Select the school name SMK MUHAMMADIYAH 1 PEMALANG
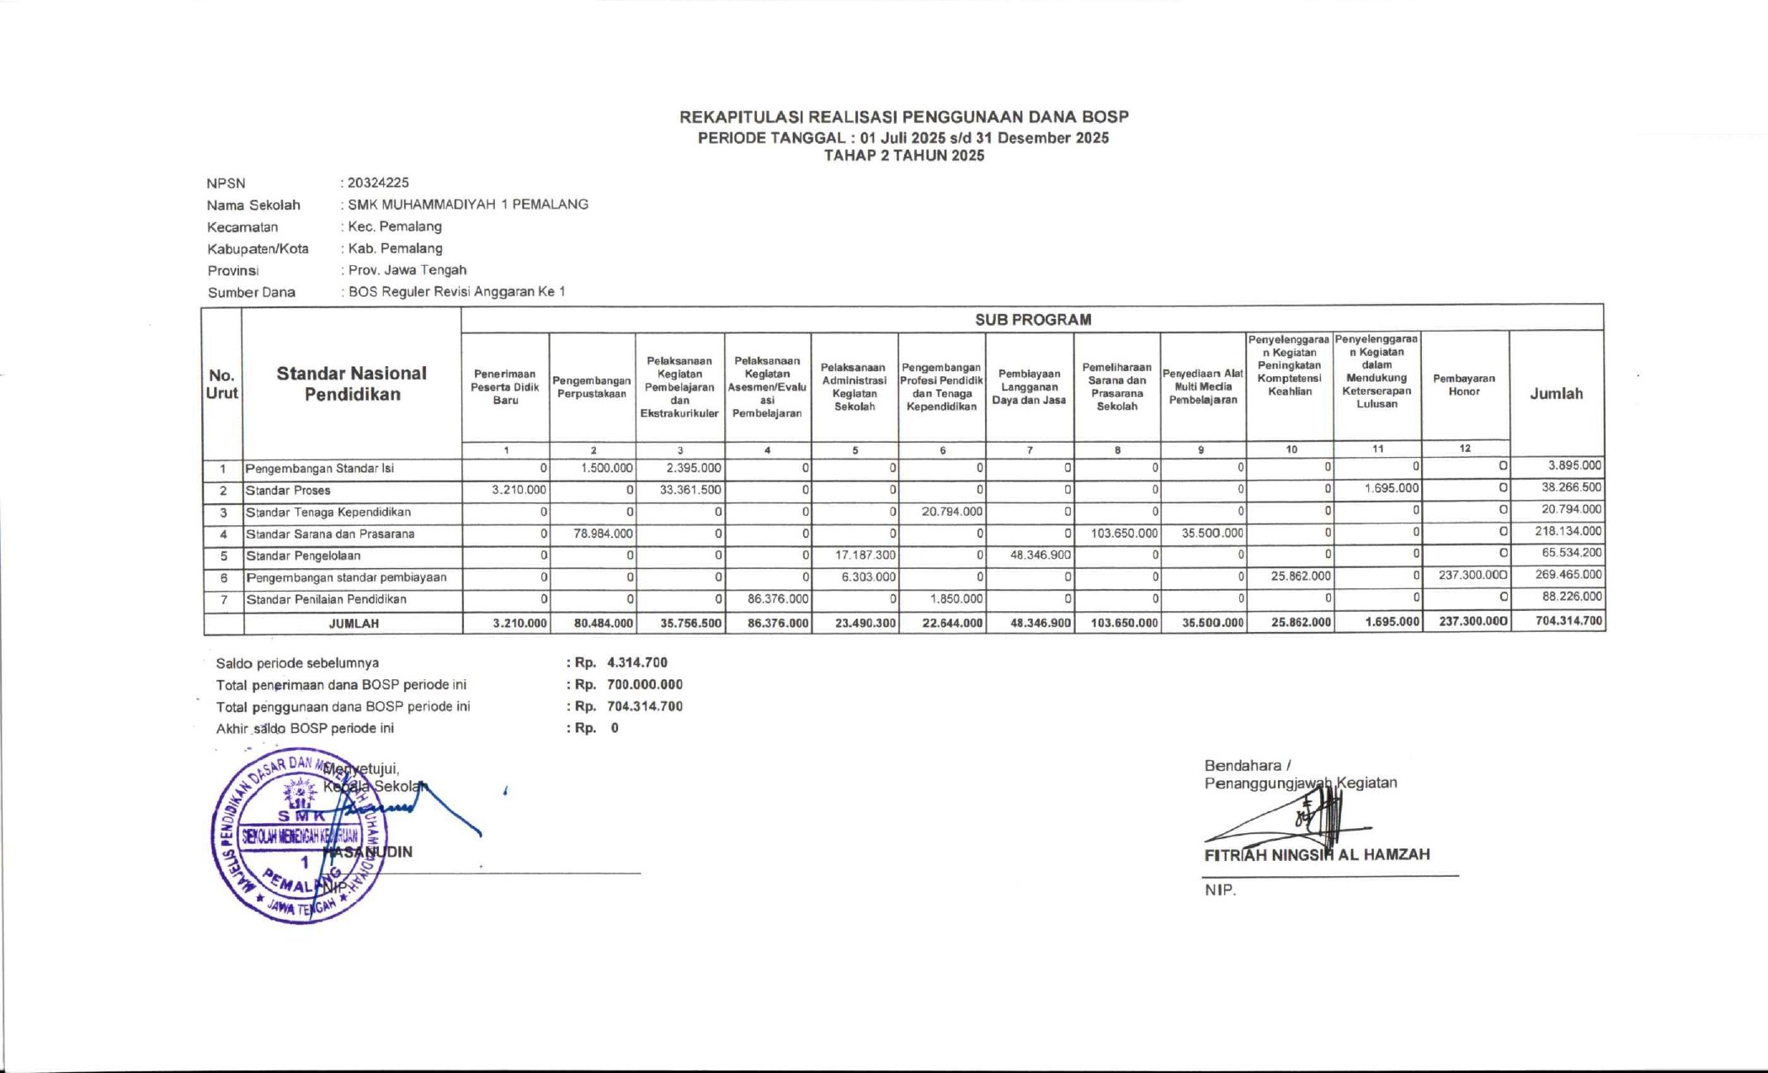[468, 205]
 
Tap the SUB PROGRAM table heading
[1032, 320]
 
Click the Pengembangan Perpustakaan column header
[592, 387]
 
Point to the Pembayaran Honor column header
[1464, 385]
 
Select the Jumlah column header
[1556, 394]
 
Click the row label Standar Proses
[288, 491]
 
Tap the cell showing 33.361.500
[690, 490]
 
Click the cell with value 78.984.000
[603, 534]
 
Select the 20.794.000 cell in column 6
[951, 512]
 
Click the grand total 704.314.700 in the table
[1568, 622]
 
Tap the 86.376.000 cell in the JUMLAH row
[778, 624]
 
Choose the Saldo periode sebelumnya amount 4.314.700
[636, 663]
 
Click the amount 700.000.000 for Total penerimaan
[644, 685]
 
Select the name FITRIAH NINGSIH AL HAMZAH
[1317, 855]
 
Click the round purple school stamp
[299, 836]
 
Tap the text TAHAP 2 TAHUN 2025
[903, 156]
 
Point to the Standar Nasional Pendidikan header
[352, 384]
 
